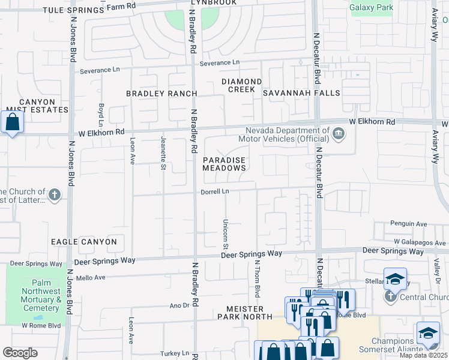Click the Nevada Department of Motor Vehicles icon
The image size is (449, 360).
[x=339, y=133]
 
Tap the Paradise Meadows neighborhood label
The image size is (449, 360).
[x=224, y=164]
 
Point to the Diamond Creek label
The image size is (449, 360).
[x=241, y=85]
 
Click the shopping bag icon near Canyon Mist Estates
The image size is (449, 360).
[x=12, y=122]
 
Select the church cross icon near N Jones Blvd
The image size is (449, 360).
[x=54, y=194]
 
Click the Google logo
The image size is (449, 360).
[x=20, y=353]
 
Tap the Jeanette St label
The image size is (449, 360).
[x=163, y=152]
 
